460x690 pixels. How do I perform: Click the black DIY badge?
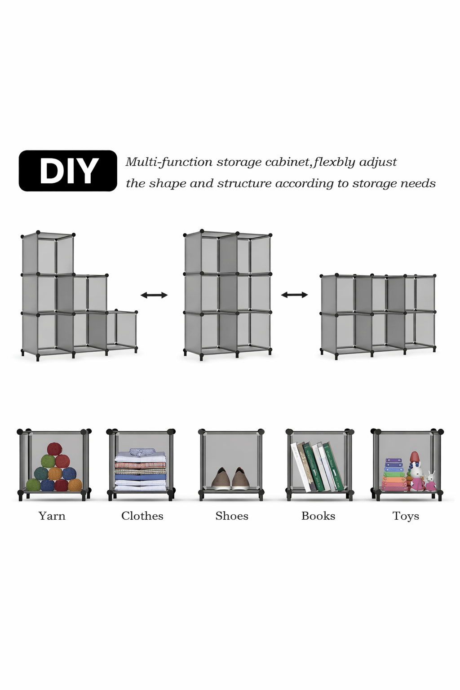[68, 171]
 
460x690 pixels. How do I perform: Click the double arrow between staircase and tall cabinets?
[154, 295]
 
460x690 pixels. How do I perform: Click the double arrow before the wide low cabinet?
[294, 295]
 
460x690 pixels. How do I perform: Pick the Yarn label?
[52, 516]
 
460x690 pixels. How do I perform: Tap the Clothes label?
[142, 516]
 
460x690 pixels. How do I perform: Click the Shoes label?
[232, 516]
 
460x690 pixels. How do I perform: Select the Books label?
[318, 516]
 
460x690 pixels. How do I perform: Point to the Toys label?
[406, 517]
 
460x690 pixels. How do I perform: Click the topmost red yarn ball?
[54, 449]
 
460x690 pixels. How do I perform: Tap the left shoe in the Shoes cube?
[221, 479]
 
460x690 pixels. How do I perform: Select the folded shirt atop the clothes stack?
[142, 451]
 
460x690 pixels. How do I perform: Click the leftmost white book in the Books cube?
[299, 467]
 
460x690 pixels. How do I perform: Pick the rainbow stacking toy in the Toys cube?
[393, 475]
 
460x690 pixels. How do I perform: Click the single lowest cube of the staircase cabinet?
[122, 329]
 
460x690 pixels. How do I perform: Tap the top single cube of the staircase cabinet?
[48, 254]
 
